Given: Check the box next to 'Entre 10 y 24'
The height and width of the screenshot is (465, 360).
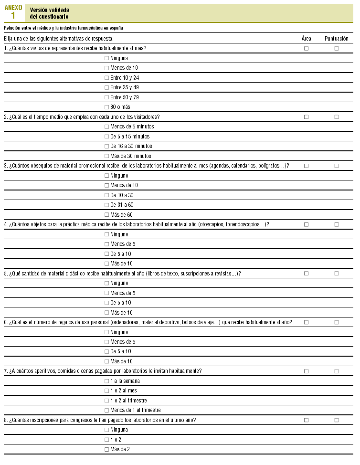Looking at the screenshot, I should (106, 78).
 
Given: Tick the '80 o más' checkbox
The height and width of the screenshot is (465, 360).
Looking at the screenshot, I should (106, 107).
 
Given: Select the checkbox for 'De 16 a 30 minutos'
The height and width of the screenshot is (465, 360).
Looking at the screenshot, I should (106, 146).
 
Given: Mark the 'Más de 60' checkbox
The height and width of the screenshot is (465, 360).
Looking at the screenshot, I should (106, 215).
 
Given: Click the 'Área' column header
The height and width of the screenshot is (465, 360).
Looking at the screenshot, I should (307, 38).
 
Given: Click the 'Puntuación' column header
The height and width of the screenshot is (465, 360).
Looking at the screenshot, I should (336, 38).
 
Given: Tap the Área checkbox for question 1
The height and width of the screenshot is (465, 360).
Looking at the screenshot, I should (307, 48).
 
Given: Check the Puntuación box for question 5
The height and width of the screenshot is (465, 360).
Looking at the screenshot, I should (337, 274).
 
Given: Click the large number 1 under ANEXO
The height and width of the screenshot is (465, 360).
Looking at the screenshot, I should (13, 16).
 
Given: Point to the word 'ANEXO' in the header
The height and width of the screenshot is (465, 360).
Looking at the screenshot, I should (13, 7).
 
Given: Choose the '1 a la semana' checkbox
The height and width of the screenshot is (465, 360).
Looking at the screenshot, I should (106, 381).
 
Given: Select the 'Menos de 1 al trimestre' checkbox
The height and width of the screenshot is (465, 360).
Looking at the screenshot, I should (106, 410).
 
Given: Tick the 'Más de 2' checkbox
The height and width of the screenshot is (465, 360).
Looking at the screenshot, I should (106, 449).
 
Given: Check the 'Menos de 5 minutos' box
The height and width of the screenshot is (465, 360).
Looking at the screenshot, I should (106, 127).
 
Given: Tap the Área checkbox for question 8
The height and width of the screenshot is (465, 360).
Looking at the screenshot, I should (307, 420).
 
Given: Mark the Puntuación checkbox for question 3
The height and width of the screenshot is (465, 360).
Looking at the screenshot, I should (337, 166).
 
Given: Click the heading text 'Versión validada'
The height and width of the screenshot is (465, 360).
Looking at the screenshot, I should (50, 10).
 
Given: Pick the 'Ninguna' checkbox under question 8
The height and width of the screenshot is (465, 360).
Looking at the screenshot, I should (106, 430).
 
